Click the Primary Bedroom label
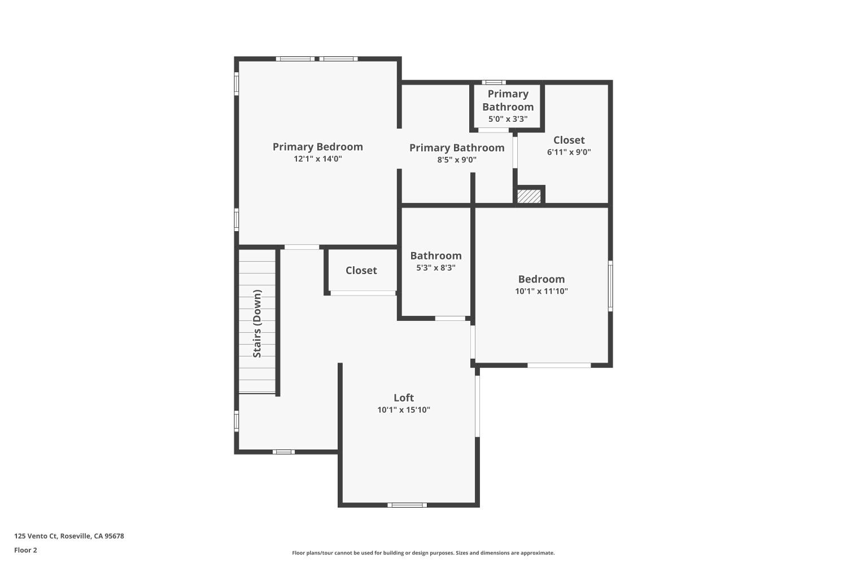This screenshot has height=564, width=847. pyautogui.click(x=317, y=147)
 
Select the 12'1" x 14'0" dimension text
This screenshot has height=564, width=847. pyautogui.click(x=317, y=159)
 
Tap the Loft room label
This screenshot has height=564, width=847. pyautogui.click(x=404, y=398)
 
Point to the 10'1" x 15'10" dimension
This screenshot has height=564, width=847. pyautogui.click(x=404, y=410)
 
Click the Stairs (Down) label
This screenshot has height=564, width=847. pyautogui.click(x=257, y=324)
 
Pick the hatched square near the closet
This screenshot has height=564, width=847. pyautogui.click(x=529, y=196)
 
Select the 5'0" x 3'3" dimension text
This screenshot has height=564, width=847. pyautogui.click(x=508, y=119)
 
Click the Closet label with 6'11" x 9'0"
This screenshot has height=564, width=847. pyautogui.click(x=569, y=140)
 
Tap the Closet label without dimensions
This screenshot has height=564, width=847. pyautogui.click(x=361, y=270)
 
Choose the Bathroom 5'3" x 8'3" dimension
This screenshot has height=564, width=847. pyautogui.click(x=435, y=268)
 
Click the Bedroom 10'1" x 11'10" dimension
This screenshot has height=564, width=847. pyautogui.click(x=541, y=292)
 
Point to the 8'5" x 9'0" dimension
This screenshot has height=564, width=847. pyautogui.click(x=456, y=160)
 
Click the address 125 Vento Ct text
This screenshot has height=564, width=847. pyautogui.click(x=69, y=536)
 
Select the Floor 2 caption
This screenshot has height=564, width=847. pyautogui.click(x=25, y=550)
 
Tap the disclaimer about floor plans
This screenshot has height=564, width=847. pyautogui.click(x=423, y=553)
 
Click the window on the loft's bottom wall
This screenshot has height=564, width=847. pyautogui.click(x=407, y=505)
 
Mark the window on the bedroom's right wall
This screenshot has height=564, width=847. pyautogui.click(x=610, y=285)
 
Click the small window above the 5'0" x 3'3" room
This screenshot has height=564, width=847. pyautogui.click(x=494, y=82)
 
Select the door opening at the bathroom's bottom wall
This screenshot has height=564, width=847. pyautogui.click(x=450, y=319)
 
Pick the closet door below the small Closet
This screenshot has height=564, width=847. pyautogui.click(x=363, y=293)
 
